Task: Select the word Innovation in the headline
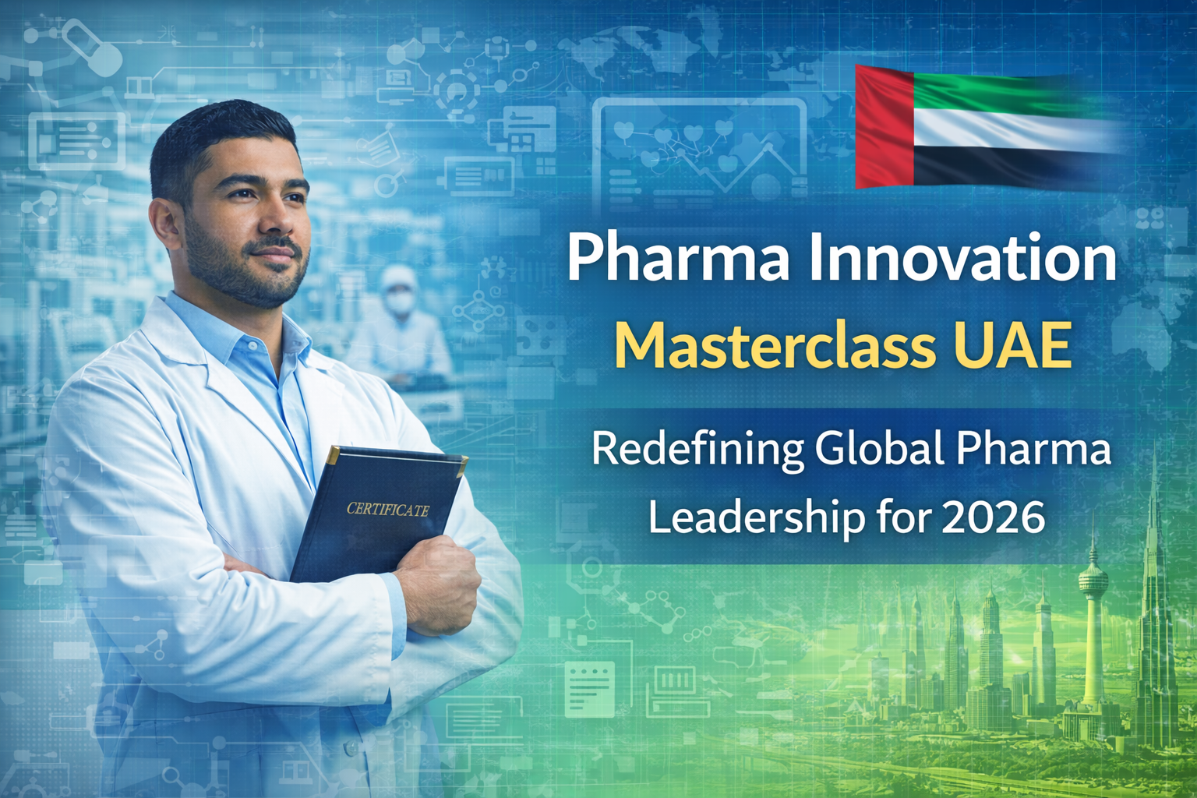962,259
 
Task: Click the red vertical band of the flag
885,126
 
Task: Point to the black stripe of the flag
1013,168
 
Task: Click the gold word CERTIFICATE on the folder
387,510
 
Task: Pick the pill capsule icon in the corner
91,47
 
